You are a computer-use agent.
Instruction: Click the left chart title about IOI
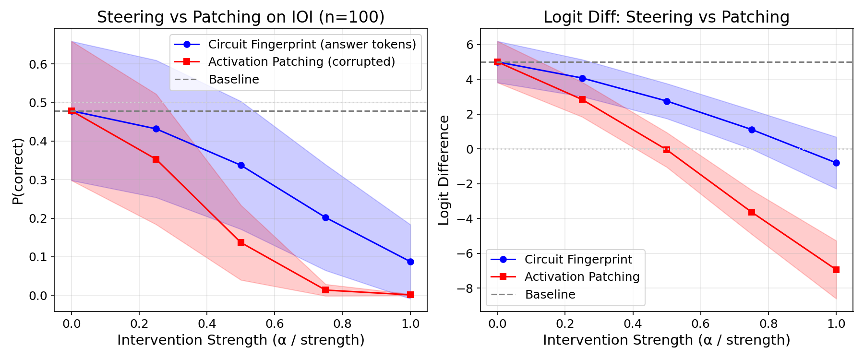[x=240, y=17]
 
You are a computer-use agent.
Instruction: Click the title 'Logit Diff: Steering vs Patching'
[x=666, y=17]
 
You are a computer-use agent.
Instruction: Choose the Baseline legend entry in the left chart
[x=234, y=80]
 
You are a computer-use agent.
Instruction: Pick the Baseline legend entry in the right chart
[x=550, y=295]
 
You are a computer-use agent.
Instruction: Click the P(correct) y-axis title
[x=18, y=171]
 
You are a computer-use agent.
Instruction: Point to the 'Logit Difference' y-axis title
[x=444, y=170]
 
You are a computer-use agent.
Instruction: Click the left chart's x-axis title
[x=240, y=340]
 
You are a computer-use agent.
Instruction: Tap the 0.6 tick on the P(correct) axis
[x=38, y=64]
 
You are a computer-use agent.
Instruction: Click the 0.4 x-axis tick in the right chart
[x=633, y=324]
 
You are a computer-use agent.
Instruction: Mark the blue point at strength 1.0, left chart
[x=410, y=262]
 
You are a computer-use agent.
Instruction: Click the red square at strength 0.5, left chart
[x=241, y=243]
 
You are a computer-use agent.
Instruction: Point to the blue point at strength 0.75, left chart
[x=325, y=217]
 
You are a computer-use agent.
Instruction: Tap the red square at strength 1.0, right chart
[x=836, y=270]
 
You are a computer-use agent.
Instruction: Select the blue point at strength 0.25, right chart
[x=582, y=78]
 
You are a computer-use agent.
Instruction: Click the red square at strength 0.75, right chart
[x=752, y=212]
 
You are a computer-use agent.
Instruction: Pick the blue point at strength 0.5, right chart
[x=667, y=101]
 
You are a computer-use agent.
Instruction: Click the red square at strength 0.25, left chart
[x=156, y=159]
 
